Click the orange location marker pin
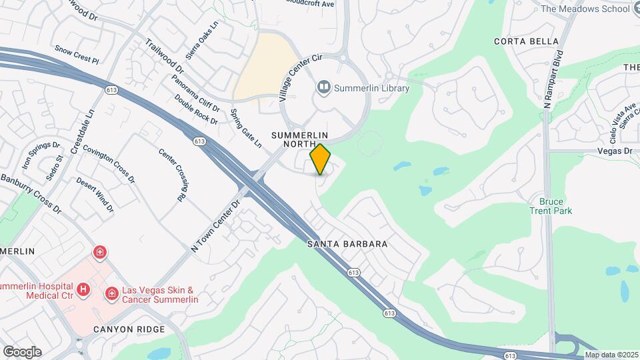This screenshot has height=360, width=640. (x=321, y=159)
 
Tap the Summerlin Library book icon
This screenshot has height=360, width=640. (x=323, y=87)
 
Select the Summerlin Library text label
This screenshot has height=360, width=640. (x=371, y=88)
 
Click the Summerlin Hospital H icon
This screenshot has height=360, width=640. (x=83, y=289)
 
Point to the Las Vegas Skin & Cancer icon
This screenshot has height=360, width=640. (x=111, y=293)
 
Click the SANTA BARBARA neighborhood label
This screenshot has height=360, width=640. (x=347, y=244)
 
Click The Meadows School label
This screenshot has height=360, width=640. (x=585, y=9)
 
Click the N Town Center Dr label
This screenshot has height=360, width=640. (x=215, y=226)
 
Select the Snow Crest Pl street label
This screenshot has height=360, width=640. (x=77, y=55)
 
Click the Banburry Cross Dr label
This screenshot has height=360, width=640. (x=31, y=194)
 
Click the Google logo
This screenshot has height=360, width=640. (x=22, y=351)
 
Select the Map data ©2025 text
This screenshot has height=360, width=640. (x=611, y=355)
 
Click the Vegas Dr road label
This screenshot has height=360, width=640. (x=614, y=151)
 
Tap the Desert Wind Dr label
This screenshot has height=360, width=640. (x=95, y=195)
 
